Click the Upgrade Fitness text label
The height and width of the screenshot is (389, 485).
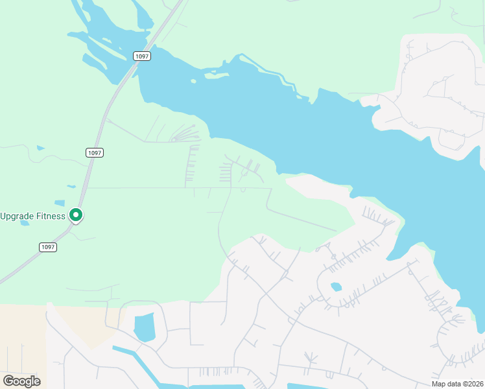click(32, 216)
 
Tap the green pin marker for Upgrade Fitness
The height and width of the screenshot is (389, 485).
click(76, 215)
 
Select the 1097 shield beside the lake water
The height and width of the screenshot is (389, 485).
click(142, 56)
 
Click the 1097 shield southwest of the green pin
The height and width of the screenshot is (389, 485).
click(47, 247)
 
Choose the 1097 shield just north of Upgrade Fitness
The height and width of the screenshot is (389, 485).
click(95, 152)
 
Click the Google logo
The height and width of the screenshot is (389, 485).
click(21, 381)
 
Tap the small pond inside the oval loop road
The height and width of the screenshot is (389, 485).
click(336, 287)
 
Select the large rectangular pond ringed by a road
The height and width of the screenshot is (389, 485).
click(144, 326)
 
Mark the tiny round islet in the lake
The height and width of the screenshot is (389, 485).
click(193, 82)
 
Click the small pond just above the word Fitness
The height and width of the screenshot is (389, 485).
click(60, 203)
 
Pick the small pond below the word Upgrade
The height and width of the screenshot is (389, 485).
click(25, 223)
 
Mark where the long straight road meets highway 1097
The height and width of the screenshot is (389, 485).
click(88, 188)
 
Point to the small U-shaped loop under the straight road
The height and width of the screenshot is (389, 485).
click(242, 190)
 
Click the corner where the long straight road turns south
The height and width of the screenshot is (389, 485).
click(270, 189)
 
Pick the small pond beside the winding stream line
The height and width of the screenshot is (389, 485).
click(41, 148)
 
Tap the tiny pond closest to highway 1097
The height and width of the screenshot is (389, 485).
click(71, 187)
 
